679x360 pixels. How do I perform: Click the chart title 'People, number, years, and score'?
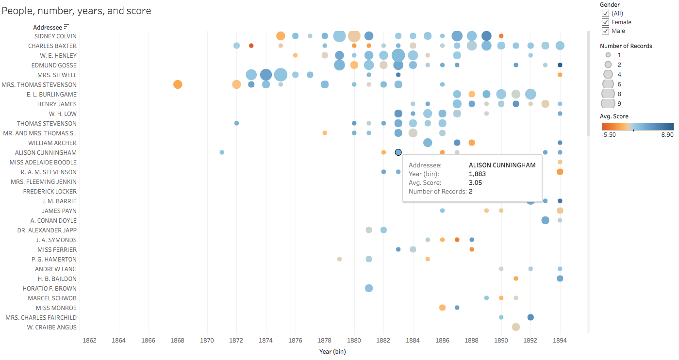(x=77, y=11)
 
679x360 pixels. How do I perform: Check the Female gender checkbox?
(x=605, y=22)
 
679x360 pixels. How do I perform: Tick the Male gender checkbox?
(x=605, y=31)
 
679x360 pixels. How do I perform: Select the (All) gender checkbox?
(x=605, y=14)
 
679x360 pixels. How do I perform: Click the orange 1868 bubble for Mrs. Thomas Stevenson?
(x=178, y=84)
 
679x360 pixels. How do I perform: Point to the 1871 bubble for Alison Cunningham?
(x=222, y=152)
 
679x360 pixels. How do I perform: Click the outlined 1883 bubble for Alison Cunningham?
(x=398, y=152)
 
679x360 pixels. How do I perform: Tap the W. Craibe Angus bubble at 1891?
(x=516, y=327)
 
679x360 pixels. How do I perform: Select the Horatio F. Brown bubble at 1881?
(x=369, y=288)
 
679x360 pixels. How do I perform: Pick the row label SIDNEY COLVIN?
(x=55, y=36)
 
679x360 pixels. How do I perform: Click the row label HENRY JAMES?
(x=57, y=104)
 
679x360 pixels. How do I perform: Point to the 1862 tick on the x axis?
(x=90, y=341)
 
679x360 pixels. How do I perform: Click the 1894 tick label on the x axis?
(x=560, y=341)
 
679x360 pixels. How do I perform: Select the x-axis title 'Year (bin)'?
(x=332, y=352)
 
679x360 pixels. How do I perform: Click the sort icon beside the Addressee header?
(x=66, y=27)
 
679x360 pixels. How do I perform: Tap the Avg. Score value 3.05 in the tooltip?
(x=475, y=183)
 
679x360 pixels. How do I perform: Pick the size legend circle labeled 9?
(x=608, y=103)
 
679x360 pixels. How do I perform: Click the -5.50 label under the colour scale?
(x=609, y=135)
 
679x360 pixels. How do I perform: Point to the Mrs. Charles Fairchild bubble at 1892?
(x=530, y=317)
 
